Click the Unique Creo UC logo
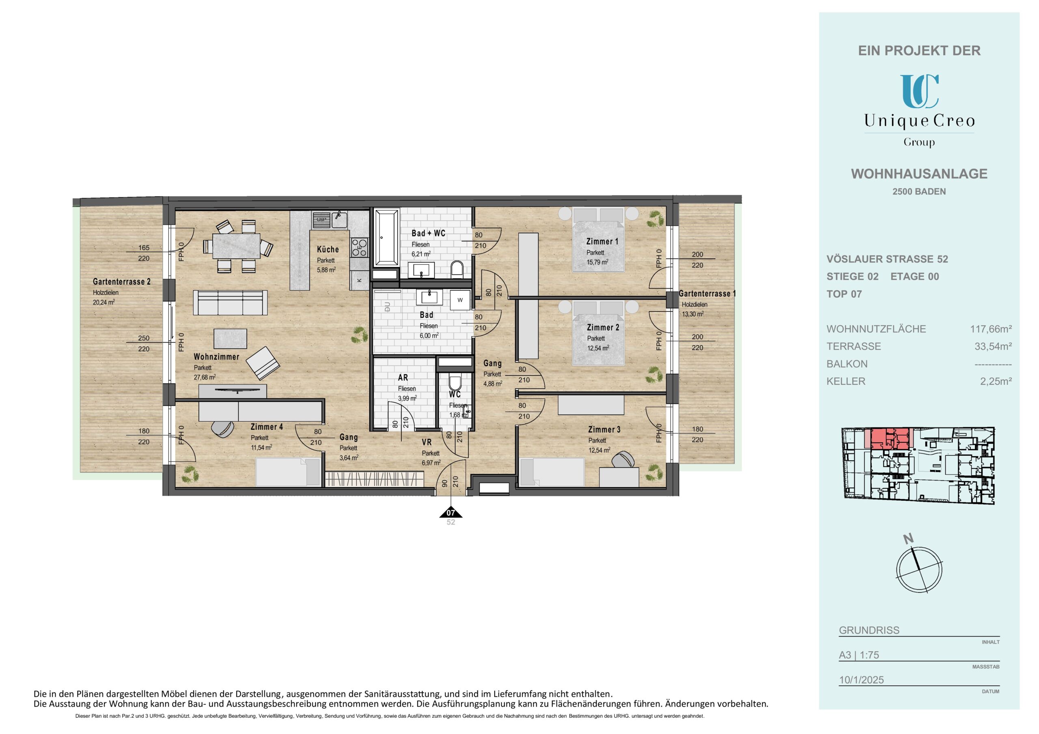coord(919,91)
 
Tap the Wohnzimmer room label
coord(216,357)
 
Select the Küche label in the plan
coord(328,249)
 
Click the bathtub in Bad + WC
coord(386,237)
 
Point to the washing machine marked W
coord(460,300)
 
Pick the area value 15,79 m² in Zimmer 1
coord(597,262)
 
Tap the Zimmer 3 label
coord(604,429)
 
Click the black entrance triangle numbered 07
coord(450,513)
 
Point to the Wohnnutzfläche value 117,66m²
coord(991,329)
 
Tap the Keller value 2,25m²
coord(996,381)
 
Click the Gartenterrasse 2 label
coord(122,282)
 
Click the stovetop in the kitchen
coord(359,247)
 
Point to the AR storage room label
coord(403,378)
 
